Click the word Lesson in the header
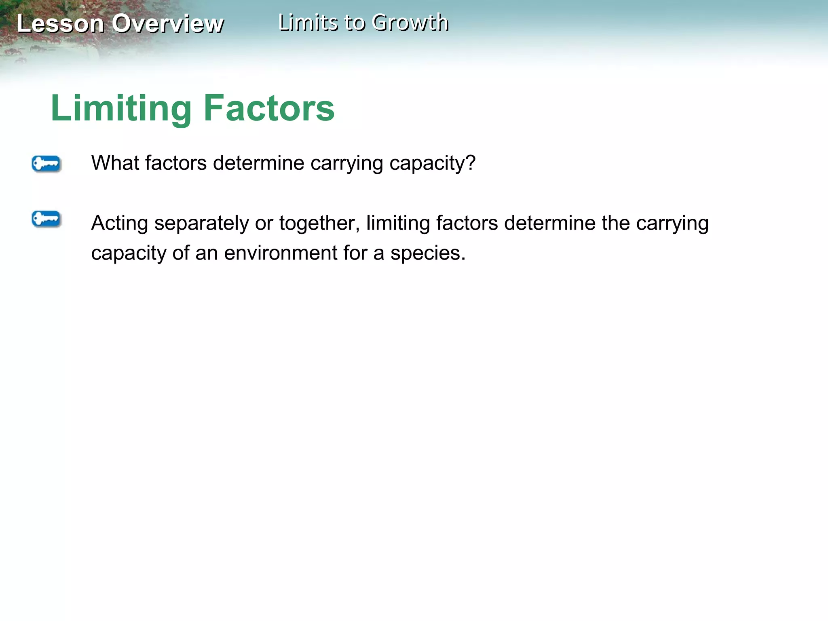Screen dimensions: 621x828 tap(60, 23)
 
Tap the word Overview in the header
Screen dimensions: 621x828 tap(167, 23)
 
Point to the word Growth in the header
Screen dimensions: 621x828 tap(410, 22)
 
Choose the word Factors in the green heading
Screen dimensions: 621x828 tap(269, 108)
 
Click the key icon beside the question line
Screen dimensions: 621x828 tap(46, 164)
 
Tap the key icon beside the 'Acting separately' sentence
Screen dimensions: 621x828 tap(46, 219)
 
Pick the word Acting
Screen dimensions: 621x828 tap(120, 224)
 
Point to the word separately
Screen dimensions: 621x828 tap(202, 224)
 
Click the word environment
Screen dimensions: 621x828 tap(281, 253)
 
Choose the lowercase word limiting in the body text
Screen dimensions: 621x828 tap(398, 224)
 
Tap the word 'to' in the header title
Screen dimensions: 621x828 tap(354, 23)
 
